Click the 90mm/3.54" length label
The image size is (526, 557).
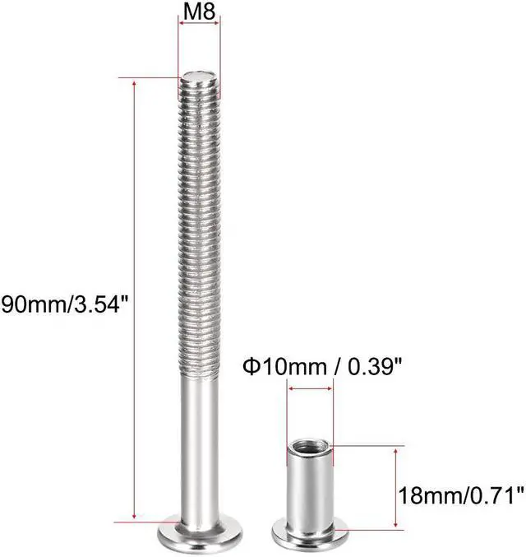point(67,305)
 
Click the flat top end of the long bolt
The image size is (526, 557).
point(199,78)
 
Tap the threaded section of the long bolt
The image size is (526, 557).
point(199,230)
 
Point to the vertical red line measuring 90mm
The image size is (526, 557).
point(133,206)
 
